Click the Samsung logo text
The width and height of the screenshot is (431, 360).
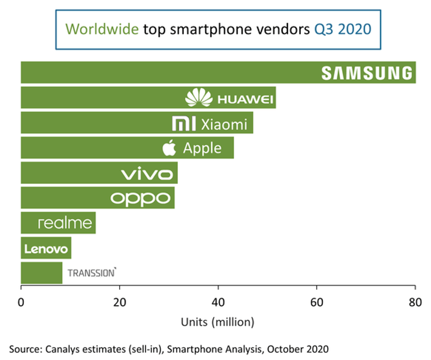coord(367,73)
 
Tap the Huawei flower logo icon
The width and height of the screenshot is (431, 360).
coord(198,97)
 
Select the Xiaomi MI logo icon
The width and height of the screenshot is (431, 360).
coord(184,124)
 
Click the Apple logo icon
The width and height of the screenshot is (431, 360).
coord(169,148)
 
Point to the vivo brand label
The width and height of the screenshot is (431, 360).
coord(147,173)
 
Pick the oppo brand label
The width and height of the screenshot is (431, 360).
coord(140,199)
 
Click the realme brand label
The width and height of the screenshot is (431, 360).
coord(65,223)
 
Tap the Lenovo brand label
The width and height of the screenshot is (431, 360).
coord(46,249)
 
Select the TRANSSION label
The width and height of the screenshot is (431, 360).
coord(92,273)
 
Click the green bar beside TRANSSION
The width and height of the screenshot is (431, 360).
coord(42,273)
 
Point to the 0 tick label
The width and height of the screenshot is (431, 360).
coord(21,302)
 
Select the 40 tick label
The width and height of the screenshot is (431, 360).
coord(218,302)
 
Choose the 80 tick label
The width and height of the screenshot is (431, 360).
coord(415,302)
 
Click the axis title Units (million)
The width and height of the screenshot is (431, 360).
coord(218,322)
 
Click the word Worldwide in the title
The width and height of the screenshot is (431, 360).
coord(102,29)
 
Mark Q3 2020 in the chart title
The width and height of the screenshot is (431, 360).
coord(343,29)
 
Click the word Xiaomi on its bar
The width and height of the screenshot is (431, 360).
coord(224,125)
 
